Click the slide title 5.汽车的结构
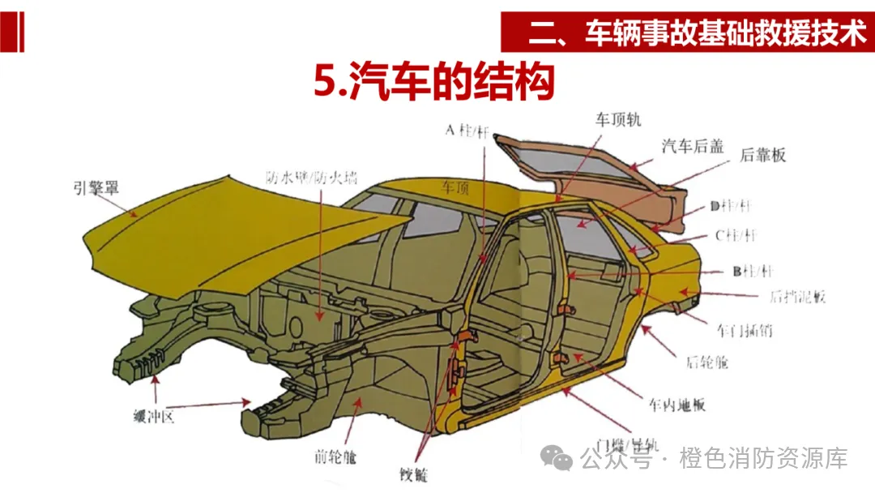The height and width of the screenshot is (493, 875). (x=433, y=83)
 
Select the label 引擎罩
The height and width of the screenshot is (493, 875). (x=96, y=188)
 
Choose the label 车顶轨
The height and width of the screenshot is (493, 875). (x=618, y=119)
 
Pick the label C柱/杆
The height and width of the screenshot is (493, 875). (x=735, y=236)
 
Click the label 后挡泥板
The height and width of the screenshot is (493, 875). (x=797, y=296)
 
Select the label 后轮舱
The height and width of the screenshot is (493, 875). (x=706, y=362)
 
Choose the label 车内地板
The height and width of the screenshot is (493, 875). (x=677, y=404)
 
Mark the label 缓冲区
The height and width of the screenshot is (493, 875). (x=154, y=417)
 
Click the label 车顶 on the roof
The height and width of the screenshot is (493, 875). (x=455, y=188)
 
